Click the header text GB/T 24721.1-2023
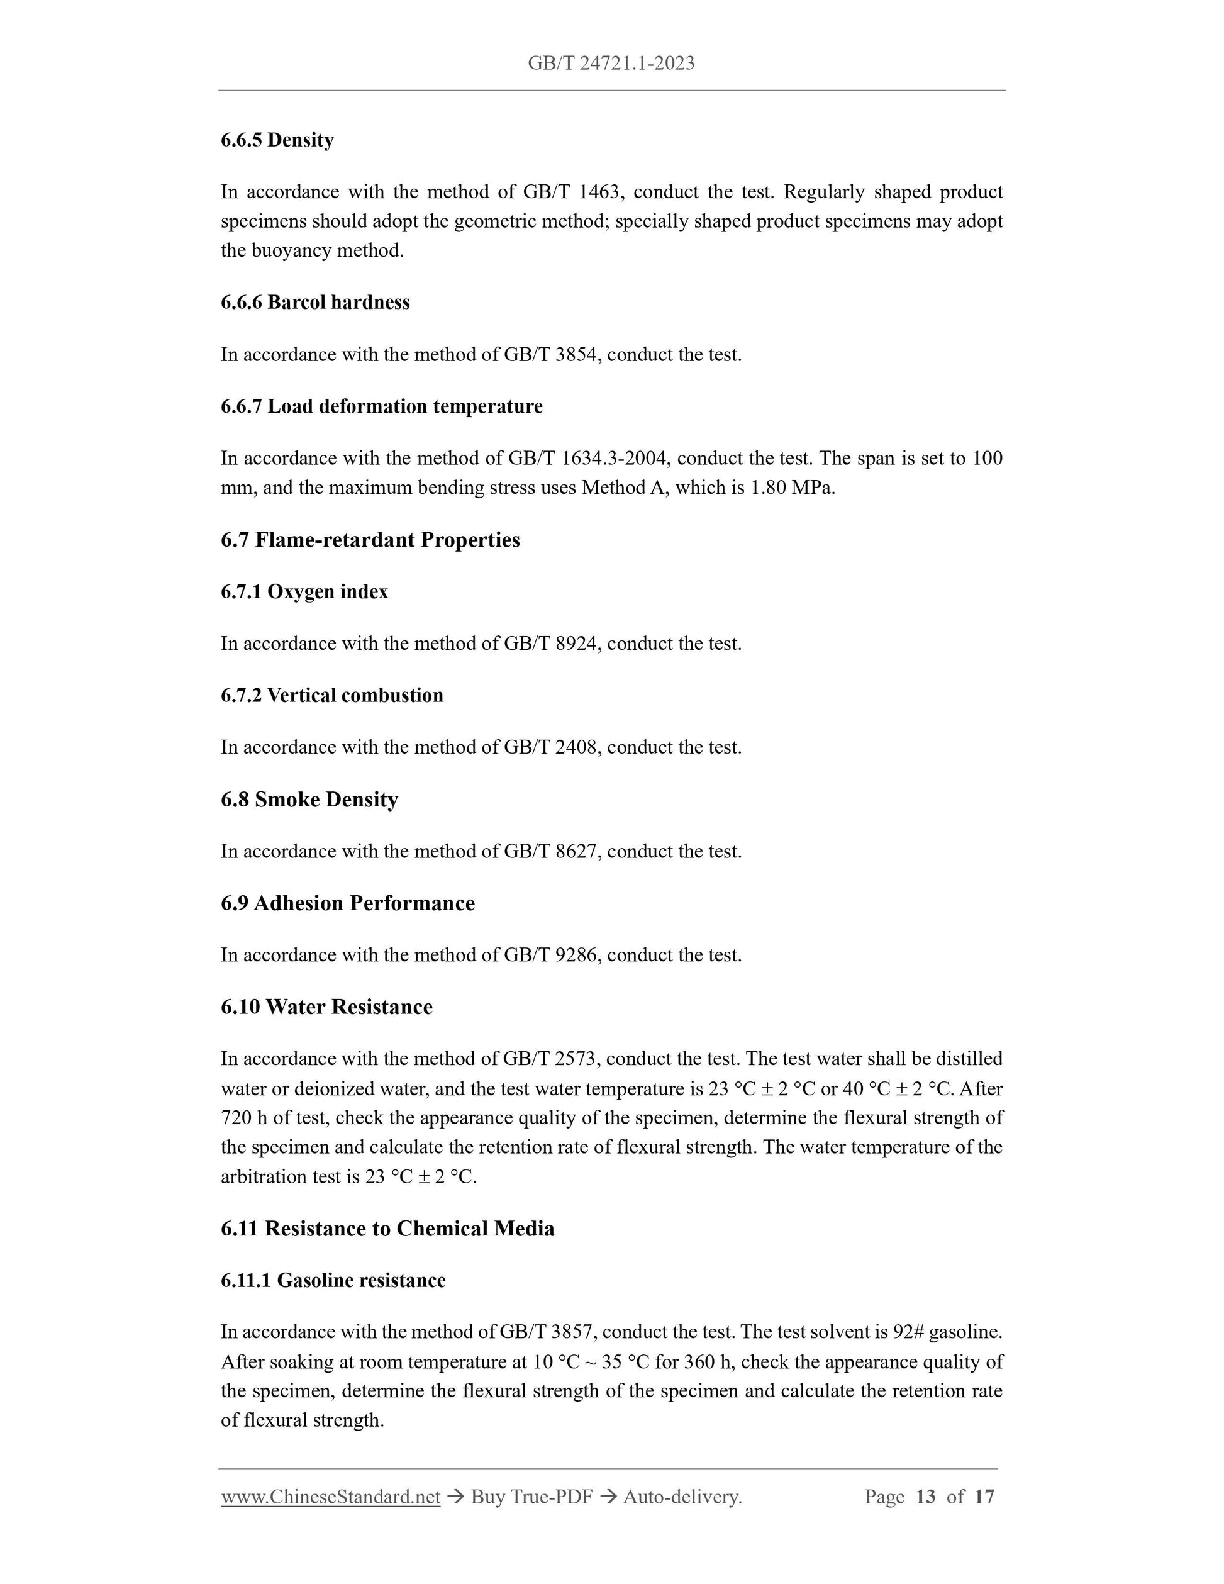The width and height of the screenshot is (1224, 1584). coord(611,64)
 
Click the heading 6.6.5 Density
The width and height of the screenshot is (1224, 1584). coord(277,140)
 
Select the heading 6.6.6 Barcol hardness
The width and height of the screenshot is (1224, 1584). coord(314,303)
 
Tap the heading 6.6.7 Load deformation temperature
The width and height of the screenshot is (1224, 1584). coord(381,406)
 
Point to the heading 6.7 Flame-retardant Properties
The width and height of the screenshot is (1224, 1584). coord(370,540)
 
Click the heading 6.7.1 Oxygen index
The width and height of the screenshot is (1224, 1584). coord(304,592)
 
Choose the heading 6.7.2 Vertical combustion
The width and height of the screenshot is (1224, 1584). coord(331,696)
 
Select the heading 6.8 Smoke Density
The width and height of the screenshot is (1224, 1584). coord(309,800)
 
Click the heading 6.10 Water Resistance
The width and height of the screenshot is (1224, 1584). coord(326,1007)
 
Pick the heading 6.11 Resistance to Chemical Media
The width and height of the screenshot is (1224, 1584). coord(387,1229)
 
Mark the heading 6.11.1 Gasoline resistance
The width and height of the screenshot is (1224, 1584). coord(333,1280)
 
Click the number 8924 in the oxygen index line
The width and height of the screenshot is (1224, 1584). coord(577,644)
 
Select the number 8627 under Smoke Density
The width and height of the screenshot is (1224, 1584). coord(577,852)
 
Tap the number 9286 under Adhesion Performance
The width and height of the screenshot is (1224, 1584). coord(577,955)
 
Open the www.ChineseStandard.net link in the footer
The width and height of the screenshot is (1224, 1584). coord(331,1497)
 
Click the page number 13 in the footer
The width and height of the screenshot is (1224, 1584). coord(925,1497)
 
